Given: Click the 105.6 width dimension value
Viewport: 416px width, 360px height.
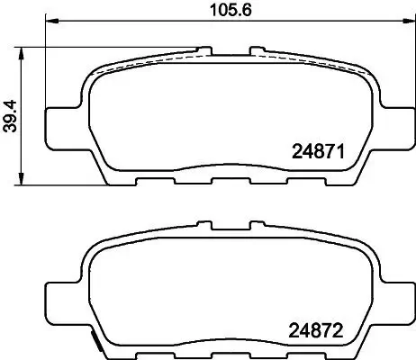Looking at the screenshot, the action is click(231, 10).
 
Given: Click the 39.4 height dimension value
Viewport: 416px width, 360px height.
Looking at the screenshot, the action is click(12, 116).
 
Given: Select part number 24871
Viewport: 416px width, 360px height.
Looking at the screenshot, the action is click(318, 151).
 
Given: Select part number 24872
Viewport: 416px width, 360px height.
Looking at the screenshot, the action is click(315, 330).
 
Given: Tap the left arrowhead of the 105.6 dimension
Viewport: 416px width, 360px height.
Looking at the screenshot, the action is click(51, 21).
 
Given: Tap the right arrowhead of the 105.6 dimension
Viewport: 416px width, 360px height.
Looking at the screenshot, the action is click(409, 21).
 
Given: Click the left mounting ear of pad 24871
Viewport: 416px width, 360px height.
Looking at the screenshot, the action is click(64, 129).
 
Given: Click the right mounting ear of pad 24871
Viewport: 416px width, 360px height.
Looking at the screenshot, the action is click(398, 129).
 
